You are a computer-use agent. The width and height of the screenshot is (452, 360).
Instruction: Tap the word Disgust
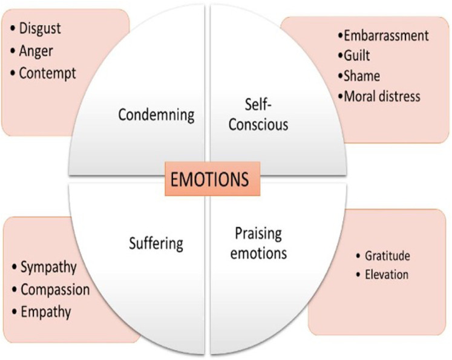pos(40,28)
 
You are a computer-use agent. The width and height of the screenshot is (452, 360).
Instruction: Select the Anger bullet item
pos(37,51)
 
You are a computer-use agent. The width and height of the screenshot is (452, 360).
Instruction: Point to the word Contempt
pos(47,73)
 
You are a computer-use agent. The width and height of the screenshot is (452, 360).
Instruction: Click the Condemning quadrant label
pos(156,114)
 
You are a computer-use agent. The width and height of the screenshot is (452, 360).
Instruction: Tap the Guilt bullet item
pos(357,56)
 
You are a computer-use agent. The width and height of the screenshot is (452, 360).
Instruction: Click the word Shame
pos(362,76)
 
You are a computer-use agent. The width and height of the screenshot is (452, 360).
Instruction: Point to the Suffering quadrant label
pos(156,244)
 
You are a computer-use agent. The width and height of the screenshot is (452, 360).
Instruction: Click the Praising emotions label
pos(259,243)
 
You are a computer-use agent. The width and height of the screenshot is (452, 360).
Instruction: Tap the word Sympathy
pos(49,267)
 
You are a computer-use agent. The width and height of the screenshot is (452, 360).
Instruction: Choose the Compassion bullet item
pos(55,289)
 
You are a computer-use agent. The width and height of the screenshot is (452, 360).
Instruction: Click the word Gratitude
pos(387,256)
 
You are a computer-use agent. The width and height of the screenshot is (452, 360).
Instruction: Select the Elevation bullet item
pos(386,275)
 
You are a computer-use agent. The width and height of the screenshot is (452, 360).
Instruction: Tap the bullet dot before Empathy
pos(15,312)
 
